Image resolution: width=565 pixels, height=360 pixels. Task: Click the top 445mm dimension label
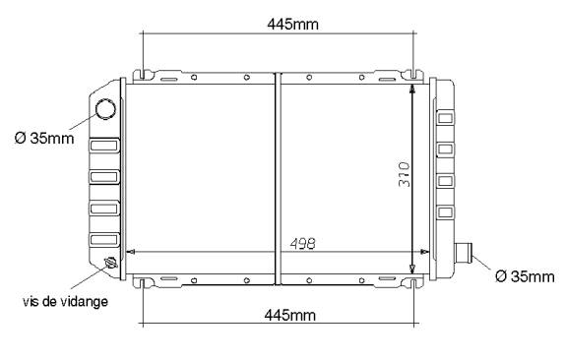293,25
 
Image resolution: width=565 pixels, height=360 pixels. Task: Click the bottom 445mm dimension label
290,315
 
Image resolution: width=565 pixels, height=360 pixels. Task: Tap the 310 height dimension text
405,175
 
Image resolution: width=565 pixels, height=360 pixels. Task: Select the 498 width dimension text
303,244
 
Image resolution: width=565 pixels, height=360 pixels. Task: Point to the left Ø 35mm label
44,138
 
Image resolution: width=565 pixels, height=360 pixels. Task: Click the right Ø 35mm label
525,276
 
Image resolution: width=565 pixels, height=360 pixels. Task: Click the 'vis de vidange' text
65,301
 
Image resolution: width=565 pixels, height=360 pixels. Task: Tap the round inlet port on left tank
105,109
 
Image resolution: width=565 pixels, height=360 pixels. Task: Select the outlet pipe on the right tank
464,253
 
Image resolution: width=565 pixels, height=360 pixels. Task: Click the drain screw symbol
110,263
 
